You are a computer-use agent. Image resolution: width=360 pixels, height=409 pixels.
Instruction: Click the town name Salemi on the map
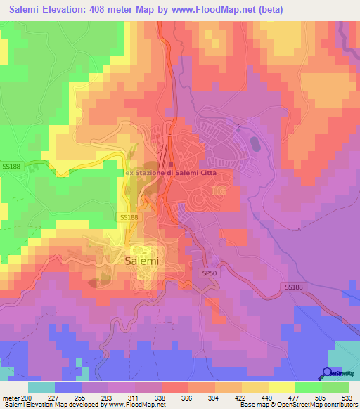pyautogui.click(x=143, y=260)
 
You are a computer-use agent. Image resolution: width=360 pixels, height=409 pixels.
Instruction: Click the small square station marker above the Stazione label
pyautogui.click(x=171, y=164)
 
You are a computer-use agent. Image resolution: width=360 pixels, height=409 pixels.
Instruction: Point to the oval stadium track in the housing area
pyautogui.click(x=254, y=143)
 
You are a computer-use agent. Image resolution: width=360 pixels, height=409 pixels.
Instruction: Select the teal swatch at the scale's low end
pyautogui.click(x=41, y=387)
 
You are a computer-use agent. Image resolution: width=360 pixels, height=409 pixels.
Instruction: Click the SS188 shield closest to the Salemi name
pyautogui.click(x=127, y=219)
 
